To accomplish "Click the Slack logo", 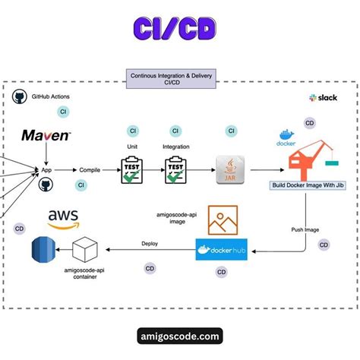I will pyautogui.click(x=323, y=98).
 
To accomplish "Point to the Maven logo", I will pyautogui.click(x=46, y=137).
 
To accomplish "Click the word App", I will pyautogui.click(x=46, y=172).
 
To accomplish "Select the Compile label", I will pyautogui.click(x=92, y=172).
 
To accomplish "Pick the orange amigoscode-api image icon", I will pyautogui.click(x=225, y=220).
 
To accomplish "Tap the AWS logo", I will pyautogui.click(x=63, y=219).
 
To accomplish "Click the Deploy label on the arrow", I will pyautogui.click(x=150, y=244).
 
